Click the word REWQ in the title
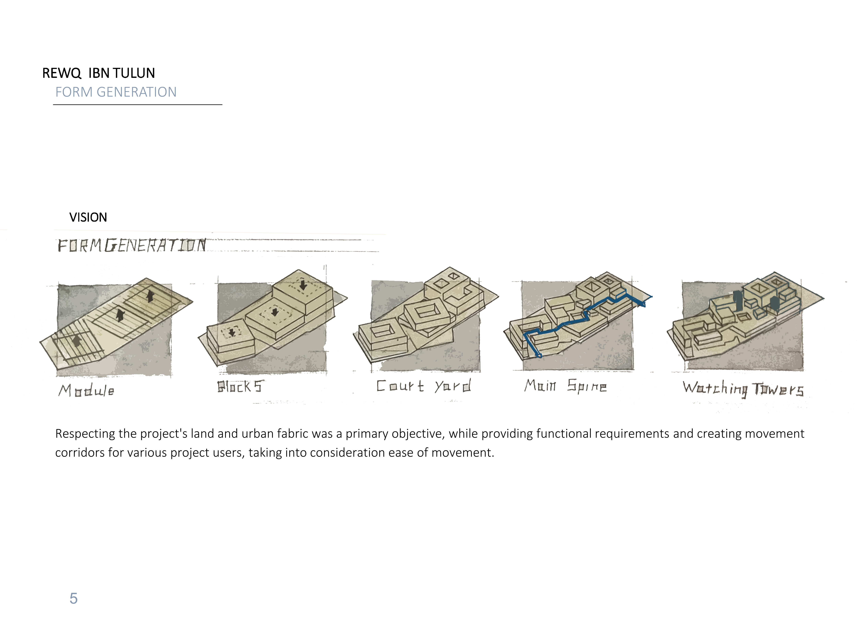tap(62, 73)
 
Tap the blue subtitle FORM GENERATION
tap(116, 92)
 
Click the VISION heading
tap(88, 217)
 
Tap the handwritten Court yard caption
tap(424, 386)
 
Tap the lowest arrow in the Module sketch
tap(77, 341)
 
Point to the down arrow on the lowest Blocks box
tap(232, 332)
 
